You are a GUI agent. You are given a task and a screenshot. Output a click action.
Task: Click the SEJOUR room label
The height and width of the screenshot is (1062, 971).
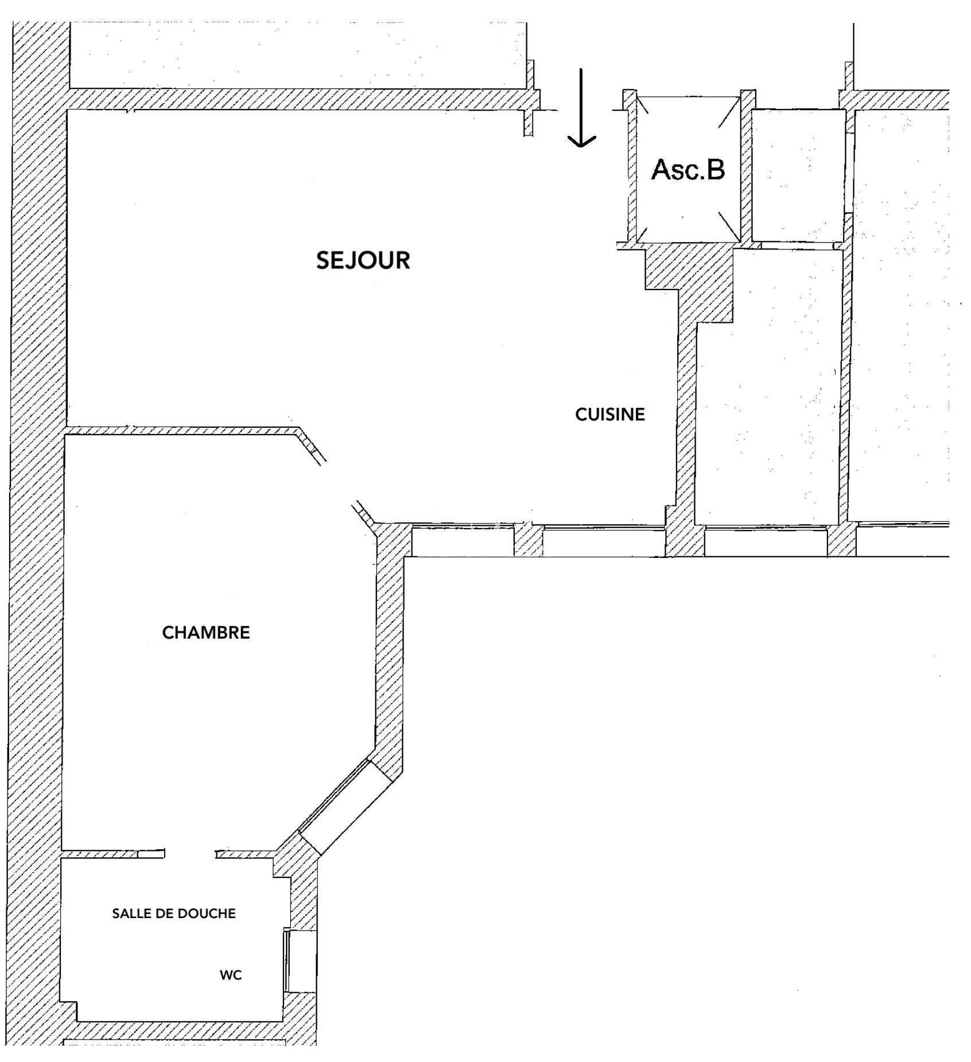[x=363, y=260]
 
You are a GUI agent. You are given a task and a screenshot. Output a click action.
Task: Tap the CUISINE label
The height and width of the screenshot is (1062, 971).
[x=610, y=415]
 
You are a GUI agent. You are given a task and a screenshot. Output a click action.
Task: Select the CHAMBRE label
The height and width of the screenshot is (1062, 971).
[x=206, y=632]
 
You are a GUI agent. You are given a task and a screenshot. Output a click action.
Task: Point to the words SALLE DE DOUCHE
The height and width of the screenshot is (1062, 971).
[x=174, y=913]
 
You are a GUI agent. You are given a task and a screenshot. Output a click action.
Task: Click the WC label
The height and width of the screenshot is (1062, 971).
[x=231, y=975]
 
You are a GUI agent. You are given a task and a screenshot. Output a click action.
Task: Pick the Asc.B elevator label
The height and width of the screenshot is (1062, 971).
[x=688, y=170]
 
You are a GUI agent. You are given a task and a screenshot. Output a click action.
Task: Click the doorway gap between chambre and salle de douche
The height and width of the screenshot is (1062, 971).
[x=190, y=854]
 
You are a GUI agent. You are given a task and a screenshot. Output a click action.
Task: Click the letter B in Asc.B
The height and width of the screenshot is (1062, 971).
[x=715, y=170]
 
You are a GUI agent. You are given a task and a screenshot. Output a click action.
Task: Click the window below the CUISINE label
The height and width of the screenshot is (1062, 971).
[x=604, y=540]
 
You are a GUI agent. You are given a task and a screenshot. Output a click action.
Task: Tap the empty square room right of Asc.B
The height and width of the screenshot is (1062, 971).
[x=798, y=175]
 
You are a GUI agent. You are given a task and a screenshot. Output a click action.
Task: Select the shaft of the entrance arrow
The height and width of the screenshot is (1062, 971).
[x=581, y=106]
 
